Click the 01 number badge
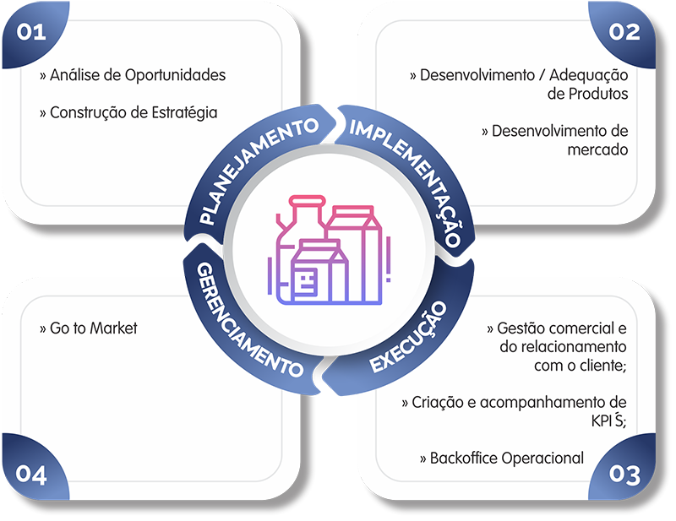(x=30, y=32)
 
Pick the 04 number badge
(x=30, y=475)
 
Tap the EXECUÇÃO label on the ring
(x=406, y=339)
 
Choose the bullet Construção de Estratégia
(x=128, y=112)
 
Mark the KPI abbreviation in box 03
(x=605, y=421)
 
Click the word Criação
(x=436, y=403)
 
